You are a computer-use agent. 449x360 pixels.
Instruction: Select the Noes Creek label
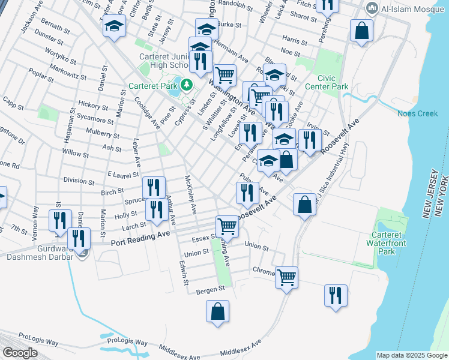pos(418,113)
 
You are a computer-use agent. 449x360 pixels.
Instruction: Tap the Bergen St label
pos(212,289)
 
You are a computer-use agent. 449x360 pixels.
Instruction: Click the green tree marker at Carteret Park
pos(186,85)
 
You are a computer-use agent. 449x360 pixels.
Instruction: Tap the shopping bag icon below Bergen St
pos(217,311)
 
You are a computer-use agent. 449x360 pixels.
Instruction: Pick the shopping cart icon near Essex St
pos(228,226)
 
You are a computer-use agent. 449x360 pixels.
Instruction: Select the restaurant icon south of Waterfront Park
pos(336,295)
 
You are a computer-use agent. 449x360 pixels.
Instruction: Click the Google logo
pos(20,353)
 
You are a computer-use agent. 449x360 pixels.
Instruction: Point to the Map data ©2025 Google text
pos(411,355)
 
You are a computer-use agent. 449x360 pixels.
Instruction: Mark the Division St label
pos(75,180)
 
